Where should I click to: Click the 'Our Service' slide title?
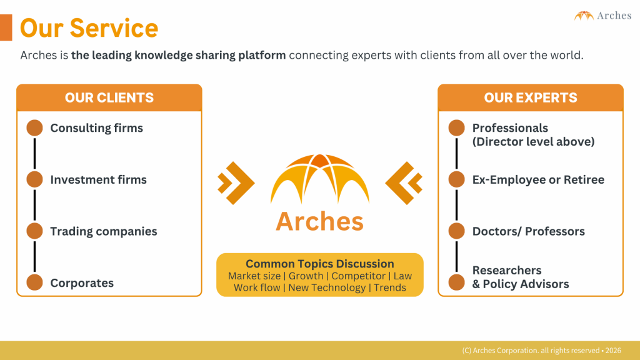tap(89, 28)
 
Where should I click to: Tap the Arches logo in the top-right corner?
tap(602, 16)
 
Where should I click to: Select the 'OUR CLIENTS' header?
tap(109, 98)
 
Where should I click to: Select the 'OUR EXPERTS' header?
tap(531, 98)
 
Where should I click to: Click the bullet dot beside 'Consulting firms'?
tap(34, 128)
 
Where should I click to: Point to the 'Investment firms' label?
tap(98, 180)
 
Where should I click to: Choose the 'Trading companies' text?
tap(104, 231)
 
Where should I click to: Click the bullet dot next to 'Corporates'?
tap(34, 282)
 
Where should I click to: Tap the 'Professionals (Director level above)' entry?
tap(533, 135)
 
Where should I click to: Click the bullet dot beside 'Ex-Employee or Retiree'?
tap(457, 180)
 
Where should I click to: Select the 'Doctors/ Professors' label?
tap(528, 231)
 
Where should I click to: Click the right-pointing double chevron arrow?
tap(236, 183)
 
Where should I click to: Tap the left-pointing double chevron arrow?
tap(404, 183)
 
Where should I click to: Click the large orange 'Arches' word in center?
tap(319, 221)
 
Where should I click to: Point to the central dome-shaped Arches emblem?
tap(319, 179)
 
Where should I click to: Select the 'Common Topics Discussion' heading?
tap(319, 264)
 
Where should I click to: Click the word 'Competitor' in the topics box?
tap(358, 276)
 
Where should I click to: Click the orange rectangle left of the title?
tap(6, 27)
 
